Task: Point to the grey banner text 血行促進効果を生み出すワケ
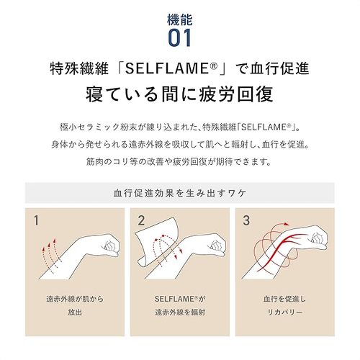(179, 193)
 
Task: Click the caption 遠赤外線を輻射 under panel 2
(179, 312)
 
